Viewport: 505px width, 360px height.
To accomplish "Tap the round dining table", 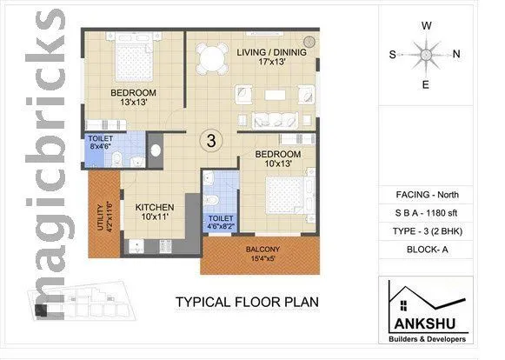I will point(211,59).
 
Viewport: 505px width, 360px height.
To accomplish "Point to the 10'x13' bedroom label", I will point(278,159).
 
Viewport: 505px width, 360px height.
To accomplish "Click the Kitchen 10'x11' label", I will point(155,212).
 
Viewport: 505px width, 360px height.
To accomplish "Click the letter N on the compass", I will point(456,54).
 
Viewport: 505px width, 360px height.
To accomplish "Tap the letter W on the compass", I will point(426,25).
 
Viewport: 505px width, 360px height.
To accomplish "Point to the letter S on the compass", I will point(393,54).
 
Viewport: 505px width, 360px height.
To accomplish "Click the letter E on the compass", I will point(426,84).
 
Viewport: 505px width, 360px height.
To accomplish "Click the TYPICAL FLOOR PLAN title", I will point(247,303).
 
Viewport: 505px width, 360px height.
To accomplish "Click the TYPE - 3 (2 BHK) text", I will point(427,232).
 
